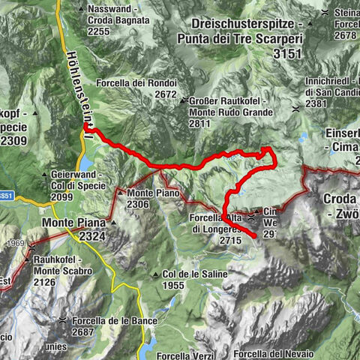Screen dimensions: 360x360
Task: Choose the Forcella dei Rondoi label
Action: tap(136, 82)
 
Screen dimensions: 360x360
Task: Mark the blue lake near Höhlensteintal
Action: tap(88, 161)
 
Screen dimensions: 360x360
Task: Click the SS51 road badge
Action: tap(6, 196)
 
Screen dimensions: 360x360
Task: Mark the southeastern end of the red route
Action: tap(255, 236)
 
